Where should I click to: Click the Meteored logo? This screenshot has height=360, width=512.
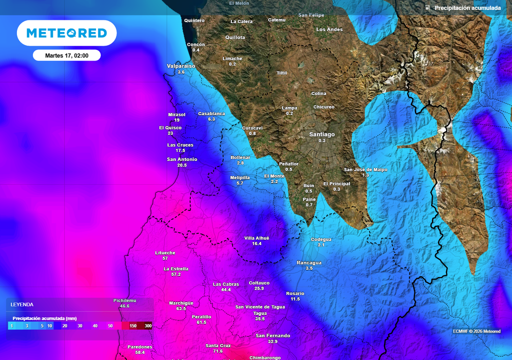coord(66,33)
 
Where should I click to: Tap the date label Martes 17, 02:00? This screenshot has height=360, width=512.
coord(66,55)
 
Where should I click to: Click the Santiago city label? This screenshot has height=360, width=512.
coord(322,134)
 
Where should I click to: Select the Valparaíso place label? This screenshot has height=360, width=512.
coord(181,66)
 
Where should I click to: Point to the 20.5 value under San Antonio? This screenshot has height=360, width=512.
coord(181,165)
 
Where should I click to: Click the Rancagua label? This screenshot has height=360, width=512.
coord(309,262)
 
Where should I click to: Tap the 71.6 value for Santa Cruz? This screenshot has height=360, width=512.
coord(218,351)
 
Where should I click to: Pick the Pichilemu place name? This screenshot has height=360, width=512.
coord(125,300)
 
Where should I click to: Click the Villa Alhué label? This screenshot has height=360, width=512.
coord(256,238)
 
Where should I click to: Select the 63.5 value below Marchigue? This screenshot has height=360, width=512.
coord(181,309)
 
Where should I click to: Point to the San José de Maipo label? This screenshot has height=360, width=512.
coord(365,169)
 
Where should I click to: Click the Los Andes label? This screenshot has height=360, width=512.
coord(329,29)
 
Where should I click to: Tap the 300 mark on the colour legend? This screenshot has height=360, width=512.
coord(148,326)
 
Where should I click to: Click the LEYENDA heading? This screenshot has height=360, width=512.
coord(22,304)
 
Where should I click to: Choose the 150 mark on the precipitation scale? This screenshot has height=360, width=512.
coord(133,326)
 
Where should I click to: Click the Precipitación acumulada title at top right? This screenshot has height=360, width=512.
coord(467,8)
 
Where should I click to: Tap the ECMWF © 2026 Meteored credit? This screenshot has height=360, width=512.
coord(476,331)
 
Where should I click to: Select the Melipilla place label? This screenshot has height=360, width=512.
coord(240,177)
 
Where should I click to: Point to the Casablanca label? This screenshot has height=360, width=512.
coord(211,113)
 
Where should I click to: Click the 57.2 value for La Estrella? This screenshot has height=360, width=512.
coord(176,274)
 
